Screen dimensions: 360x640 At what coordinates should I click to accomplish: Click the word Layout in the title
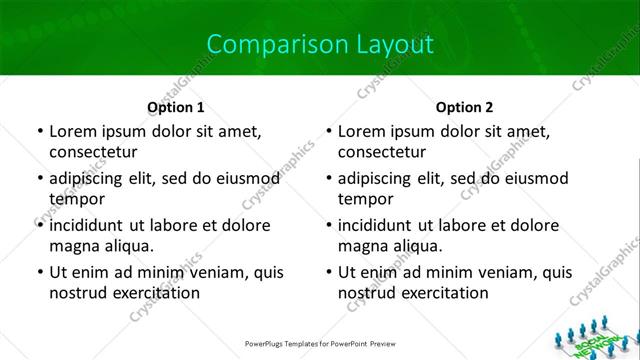pyautogui.click(x=397, y=44)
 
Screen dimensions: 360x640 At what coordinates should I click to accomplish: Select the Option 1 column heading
pyautogui.click(x=176, y=106)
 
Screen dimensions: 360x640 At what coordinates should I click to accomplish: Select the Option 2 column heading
pyautogui.click(x=465, y=106)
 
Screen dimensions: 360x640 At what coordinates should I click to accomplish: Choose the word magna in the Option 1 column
pyautogui.click(x=71, y=245)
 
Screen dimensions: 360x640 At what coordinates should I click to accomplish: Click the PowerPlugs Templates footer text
pyautogui.click(x=320, y=343)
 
